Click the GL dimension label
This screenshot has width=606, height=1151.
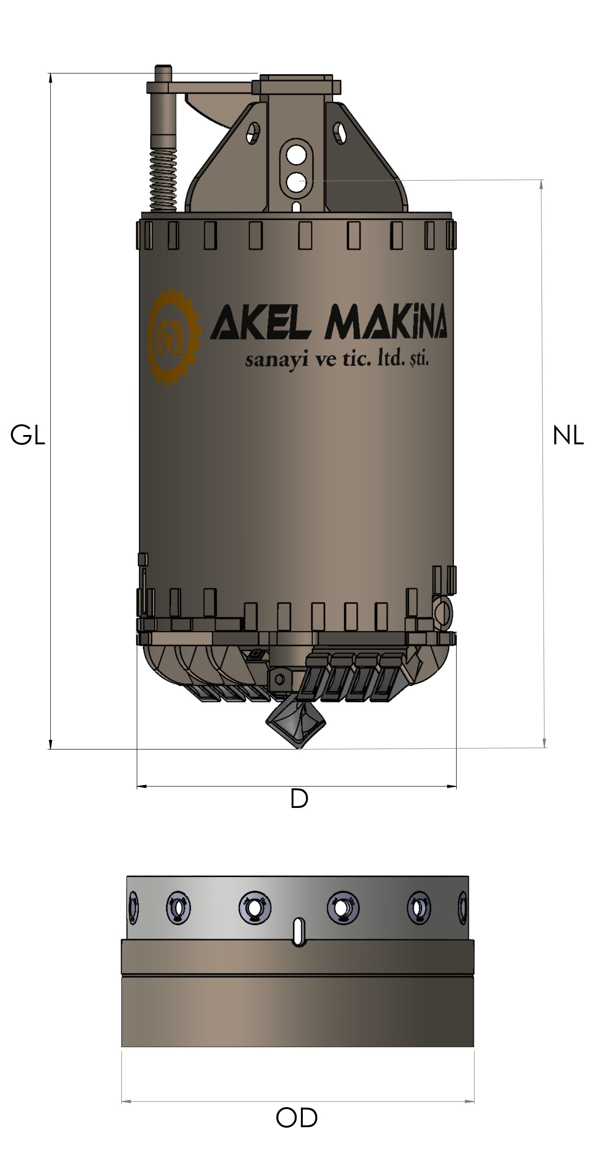coord(28,436)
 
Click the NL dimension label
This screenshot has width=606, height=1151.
coord(568,436)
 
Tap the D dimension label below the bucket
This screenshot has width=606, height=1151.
coord(299,799)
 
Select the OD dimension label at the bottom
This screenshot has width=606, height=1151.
coord(297,1118)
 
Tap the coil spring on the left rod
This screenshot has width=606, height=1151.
coord(163,179)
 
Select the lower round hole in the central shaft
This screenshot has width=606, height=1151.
coord(296,183)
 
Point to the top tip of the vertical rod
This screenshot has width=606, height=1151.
coord(163,68)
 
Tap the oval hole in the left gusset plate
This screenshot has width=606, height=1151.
coord(253,132)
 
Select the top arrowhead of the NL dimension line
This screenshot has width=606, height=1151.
coord(542,183)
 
